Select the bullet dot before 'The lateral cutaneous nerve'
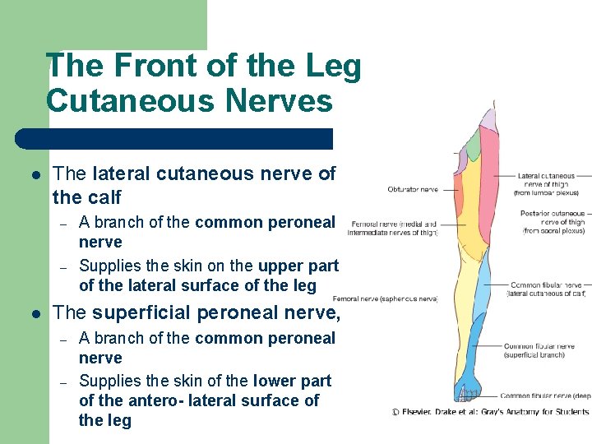[35, 174]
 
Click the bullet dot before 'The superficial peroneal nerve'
[35, 313]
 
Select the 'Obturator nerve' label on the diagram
[413, 190]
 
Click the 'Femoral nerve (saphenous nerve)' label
[385, 299]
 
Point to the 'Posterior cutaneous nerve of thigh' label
[553, 222]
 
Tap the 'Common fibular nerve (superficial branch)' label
[539, 351]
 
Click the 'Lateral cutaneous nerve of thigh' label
[547, 184]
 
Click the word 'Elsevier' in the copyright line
[425, 411]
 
